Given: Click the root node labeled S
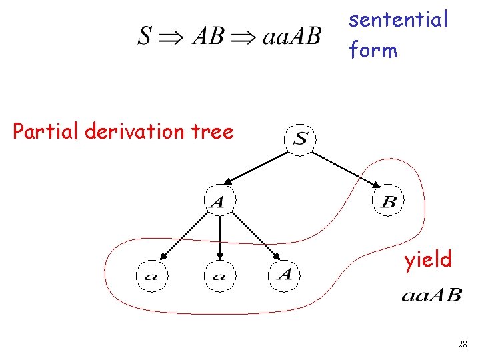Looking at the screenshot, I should [x=301, y=139].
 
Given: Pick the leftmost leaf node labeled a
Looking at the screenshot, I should [x=151, y=275].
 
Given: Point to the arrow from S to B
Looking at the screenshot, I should [x=347, y=169].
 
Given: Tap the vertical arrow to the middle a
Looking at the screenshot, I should [x=219, y=237].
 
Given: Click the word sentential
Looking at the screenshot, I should [x=398, y=20].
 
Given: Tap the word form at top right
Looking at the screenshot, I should [x=373, y=49].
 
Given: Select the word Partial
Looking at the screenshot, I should [x=47, y=131].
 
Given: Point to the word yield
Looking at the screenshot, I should [x=427, y=259].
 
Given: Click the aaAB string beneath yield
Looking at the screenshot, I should [x=431, y=295].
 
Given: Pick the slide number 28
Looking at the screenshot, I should [x=463, y=344].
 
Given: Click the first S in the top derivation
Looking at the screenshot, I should [x=145, y=36].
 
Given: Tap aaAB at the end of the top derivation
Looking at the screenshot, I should [x=291, y=36].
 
